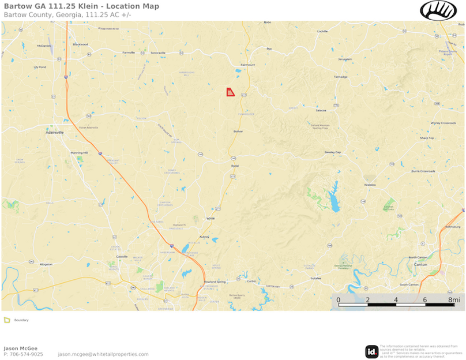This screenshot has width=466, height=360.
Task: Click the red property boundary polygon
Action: click(230, 92)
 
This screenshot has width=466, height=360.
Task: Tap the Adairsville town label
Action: click(55, 132)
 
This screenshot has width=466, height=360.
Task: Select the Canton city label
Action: click(420, 264)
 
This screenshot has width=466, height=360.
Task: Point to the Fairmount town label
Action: click(247, 65)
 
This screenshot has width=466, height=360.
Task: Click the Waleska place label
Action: click(370, 185)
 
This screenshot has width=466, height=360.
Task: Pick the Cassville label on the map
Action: click(122, 256)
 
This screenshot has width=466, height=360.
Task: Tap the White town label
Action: click(211, 218)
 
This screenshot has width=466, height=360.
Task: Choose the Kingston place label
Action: click(46, 264)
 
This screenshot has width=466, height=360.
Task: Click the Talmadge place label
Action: click(341, 77)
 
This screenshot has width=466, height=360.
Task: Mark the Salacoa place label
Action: click(321, 110)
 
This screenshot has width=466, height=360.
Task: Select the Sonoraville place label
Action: click(157, 52)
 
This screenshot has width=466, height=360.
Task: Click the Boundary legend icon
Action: click(7, 320)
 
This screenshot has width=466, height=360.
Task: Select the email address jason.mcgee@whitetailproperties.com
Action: click(103, 354)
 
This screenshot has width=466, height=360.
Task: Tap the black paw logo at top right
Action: click(438, 10)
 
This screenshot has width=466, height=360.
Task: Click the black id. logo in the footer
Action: click(371, 351)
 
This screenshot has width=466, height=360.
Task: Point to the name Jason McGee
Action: click(20, 348)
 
